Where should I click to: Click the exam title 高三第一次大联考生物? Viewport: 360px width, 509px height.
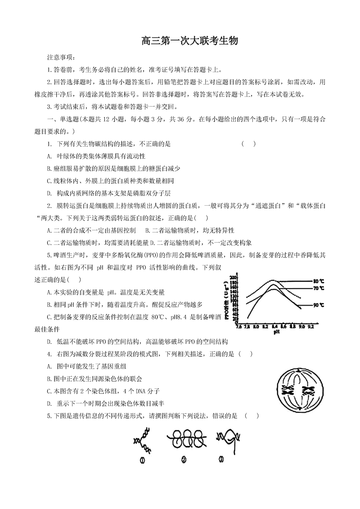(x=189, y=41)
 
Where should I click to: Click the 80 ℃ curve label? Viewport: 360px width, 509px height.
(x=319, y=281)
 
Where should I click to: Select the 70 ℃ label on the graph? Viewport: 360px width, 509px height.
(x=319, y=288)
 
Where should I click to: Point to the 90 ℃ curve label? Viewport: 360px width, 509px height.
(x=319, y=305)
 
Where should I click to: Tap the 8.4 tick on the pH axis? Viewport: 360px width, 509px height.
(x=274, y=326)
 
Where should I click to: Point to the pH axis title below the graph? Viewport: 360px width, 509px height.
(x=274, y=332)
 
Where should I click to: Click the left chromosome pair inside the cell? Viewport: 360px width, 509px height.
(x=287, y=388)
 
